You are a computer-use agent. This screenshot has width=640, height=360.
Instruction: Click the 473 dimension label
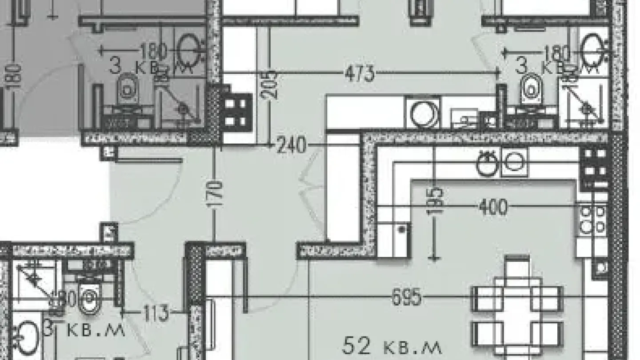[360, 74]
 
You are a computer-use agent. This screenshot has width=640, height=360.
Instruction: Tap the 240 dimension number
[291, 145]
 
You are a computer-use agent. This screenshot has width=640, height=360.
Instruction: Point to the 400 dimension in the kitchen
[492, 207]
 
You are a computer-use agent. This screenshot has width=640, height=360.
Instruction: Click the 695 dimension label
[406, 297]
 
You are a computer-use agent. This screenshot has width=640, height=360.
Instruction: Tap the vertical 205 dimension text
[272, 83]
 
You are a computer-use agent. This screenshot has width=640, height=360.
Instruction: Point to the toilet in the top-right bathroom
[532, 89]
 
